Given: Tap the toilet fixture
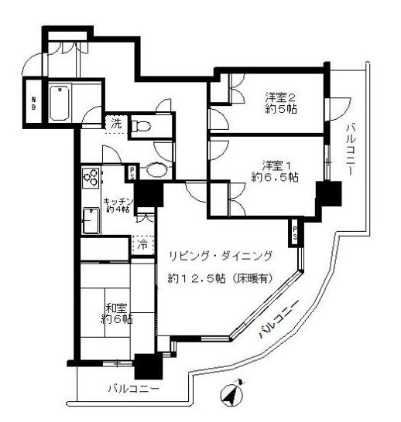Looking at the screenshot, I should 142,126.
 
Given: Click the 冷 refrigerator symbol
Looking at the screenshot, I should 143,246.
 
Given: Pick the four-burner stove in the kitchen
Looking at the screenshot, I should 91,178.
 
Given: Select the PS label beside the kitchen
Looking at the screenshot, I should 132,174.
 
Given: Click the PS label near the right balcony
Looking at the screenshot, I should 296,233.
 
